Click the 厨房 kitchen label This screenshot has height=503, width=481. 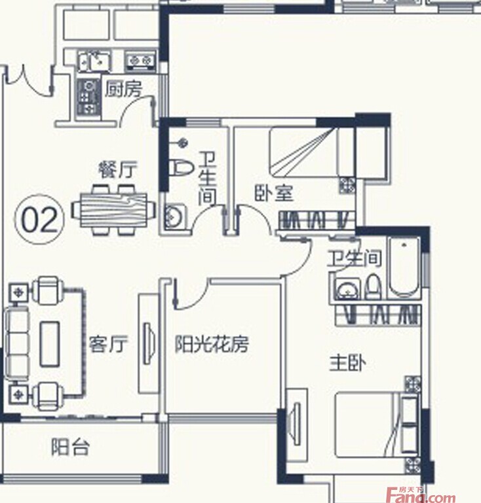click(124, 89)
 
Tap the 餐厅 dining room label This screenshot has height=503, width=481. click(117, 169)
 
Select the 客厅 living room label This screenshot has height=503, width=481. click(108, 344)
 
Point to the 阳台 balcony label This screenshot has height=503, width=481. click(70, 447)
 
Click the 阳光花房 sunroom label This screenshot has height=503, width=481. click(212, 344)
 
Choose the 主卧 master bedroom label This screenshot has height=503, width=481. click(348, 364)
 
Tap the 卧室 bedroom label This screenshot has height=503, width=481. click(274, 193)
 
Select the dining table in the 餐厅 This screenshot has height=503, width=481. click(114, 210)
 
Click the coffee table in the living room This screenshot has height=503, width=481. click(50, 344)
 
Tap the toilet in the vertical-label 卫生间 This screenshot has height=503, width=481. click(181, 167)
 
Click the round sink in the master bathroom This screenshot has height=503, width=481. click(348, 289)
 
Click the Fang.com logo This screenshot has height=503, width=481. click(421, 496)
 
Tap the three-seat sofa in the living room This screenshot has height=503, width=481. click(16, 344)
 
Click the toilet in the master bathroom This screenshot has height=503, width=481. click(374, 286)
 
